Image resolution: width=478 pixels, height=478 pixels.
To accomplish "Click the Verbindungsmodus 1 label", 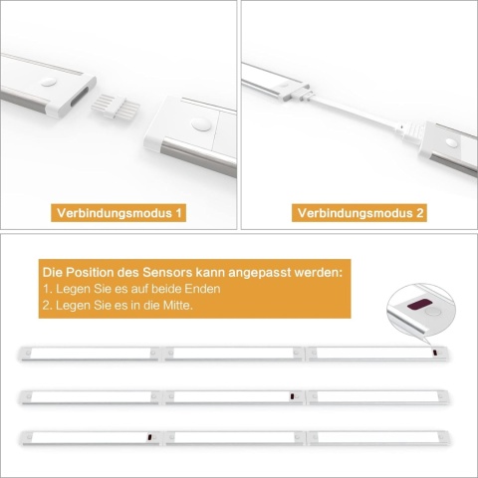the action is coord(119,213).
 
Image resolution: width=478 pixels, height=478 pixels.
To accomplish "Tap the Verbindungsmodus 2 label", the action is coord(360,213).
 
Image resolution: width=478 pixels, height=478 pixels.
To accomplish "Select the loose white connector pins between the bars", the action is coord(116,107).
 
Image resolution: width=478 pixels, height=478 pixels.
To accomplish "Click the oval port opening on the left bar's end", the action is coord(78,97).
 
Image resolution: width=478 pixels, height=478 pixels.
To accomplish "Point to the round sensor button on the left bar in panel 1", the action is coord(49,82).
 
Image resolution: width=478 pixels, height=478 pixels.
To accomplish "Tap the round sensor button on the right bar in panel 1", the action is coord(201,125).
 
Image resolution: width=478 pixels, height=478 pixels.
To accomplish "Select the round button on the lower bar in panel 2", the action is coord(451,142).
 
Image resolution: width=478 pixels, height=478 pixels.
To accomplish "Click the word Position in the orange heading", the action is coord(90,273).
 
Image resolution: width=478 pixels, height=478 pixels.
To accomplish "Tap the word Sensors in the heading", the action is coord(167,273).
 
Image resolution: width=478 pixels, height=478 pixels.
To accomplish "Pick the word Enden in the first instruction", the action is coord(202,289).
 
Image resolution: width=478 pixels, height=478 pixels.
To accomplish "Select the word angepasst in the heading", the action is coord(260,273).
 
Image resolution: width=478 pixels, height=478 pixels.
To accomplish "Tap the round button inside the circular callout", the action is coord(433,312).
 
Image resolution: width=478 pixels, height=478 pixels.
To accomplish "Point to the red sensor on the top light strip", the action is coord(434,354).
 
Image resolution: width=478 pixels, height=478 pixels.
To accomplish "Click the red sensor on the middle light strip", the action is coord(292,396).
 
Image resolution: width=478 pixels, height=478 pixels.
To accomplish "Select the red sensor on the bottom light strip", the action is coord(149,437).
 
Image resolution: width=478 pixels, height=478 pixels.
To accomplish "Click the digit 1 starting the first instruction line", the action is coord(46,289).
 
